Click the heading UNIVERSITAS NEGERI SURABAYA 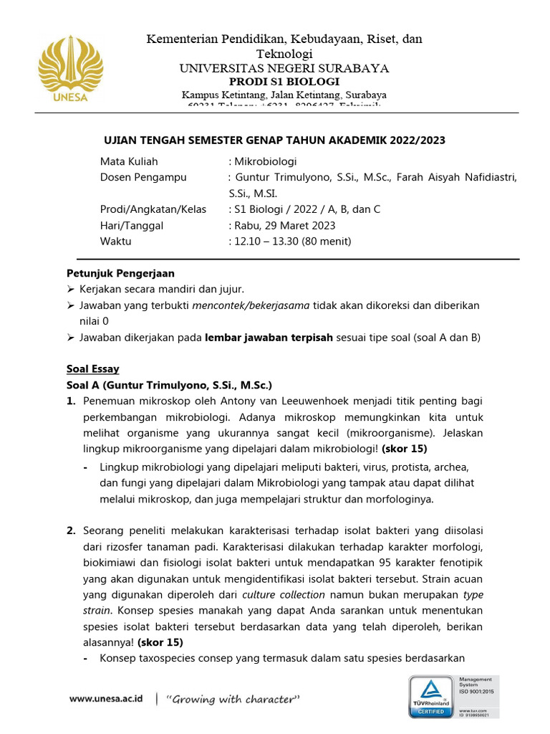click(x=284, y=68)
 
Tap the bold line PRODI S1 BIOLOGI click(x=284, y=82)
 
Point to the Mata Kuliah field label click(x=129, y=161)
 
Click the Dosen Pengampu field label click(x=143, y=177)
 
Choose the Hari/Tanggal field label click(x=132, y=225)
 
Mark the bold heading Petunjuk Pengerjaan click(x=120, y=273)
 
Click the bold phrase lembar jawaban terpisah click(x=268, y=338)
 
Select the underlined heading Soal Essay click(x=93, y=369)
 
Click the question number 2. click(x=71, y=531)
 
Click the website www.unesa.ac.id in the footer click(x=106, y=698)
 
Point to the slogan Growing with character click(x=233, y=699)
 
